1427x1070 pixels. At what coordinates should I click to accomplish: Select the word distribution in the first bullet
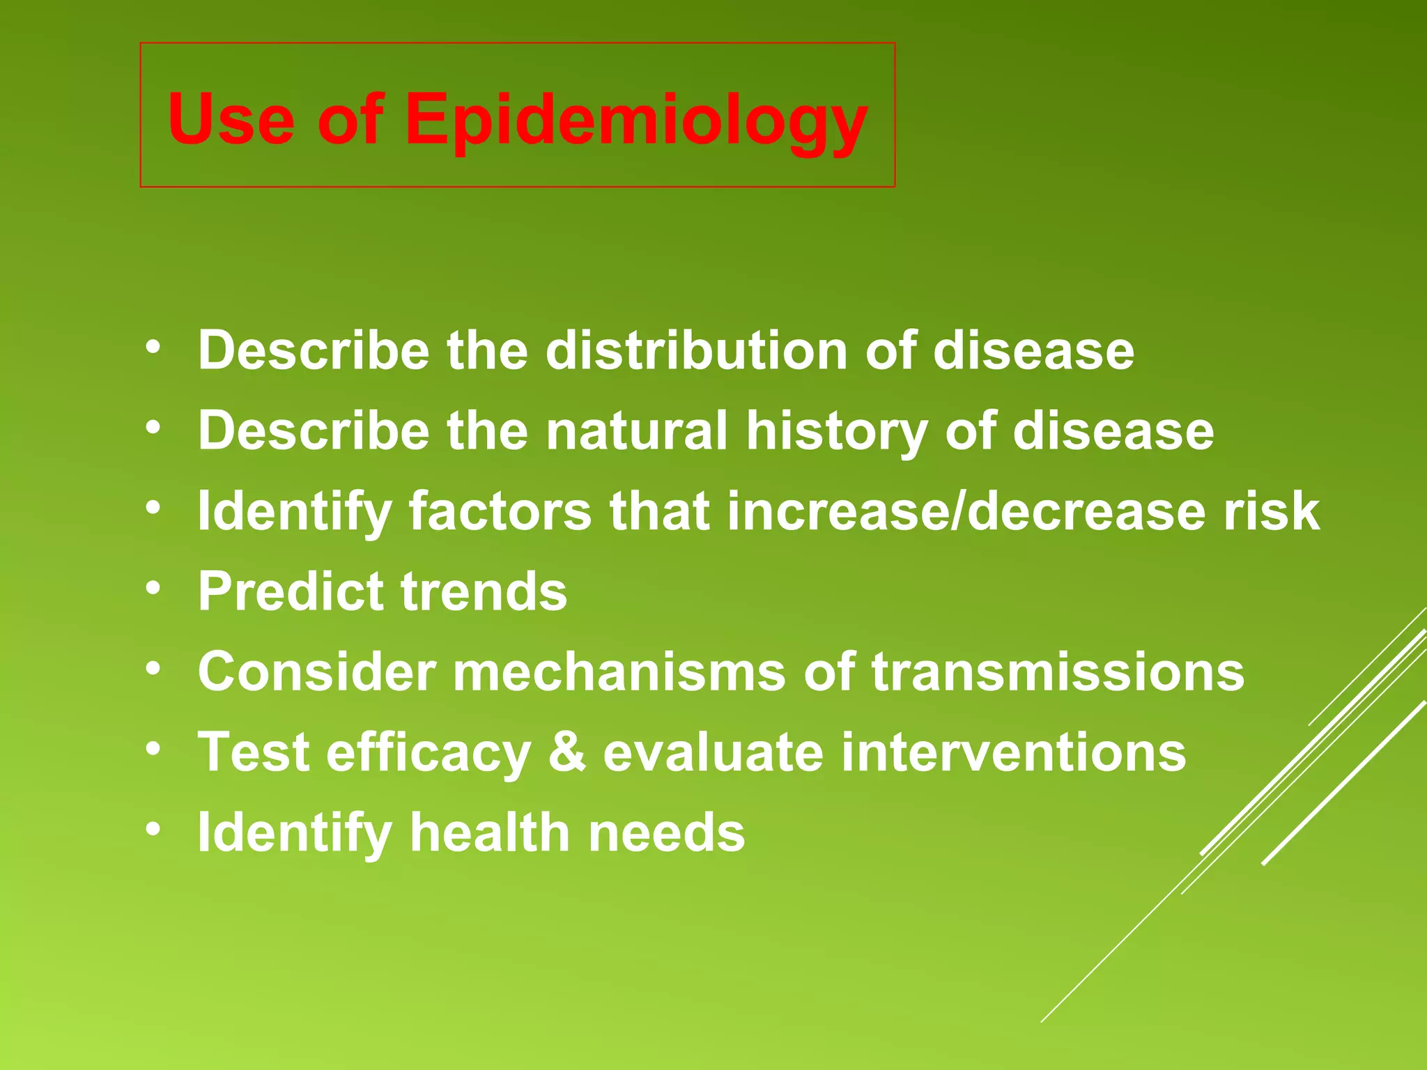tap(697, 350)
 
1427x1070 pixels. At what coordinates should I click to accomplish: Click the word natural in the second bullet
tap(637, 431)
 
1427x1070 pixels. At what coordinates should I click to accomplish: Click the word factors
tap(500, 511)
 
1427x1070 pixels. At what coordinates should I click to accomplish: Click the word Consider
tap(317, 672)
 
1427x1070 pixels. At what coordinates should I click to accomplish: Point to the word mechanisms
tap(619, 672)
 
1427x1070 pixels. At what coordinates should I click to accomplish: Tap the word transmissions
tap(1057, 672)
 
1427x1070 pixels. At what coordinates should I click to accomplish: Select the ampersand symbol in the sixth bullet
tap(566, 752)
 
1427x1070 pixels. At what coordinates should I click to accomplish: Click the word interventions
tap(1013, 752)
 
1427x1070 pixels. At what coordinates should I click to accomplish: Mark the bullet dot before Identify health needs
tap(153, 829)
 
